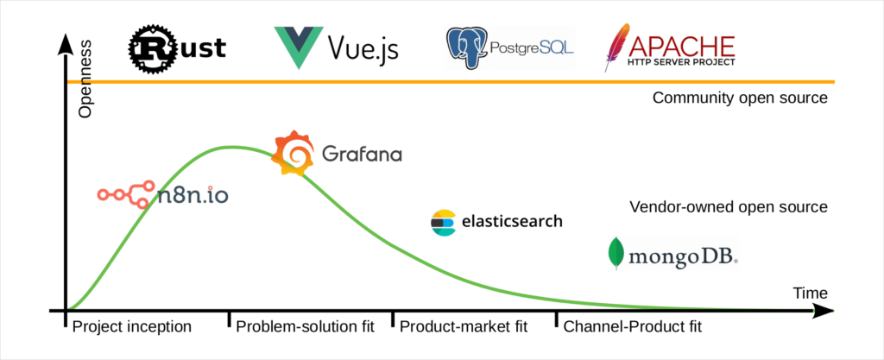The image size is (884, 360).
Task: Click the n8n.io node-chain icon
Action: [x=126, y=195]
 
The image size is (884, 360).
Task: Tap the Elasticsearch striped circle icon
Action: [x=443, y=222]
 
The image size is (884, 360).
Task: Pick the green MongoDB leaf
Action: [x=616, y=253]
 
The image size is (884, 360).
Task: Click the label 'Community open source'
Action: [x=740, y=98]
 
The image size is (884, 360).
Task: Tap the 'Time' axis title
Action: [x=810, y=294]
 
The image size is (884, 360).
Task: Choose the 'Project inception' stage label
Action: [x=131, y=327]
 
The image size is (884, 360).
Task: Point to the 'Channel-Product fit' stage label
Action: [x=632, y=327]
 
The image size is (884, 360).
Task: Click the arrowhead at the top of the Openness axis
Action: [x=66, y=43]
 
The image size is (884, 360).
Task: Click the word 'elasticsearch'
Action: [x=512, y=222]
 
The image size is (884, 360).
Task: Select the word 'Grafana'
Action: [x=361, y=155]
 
